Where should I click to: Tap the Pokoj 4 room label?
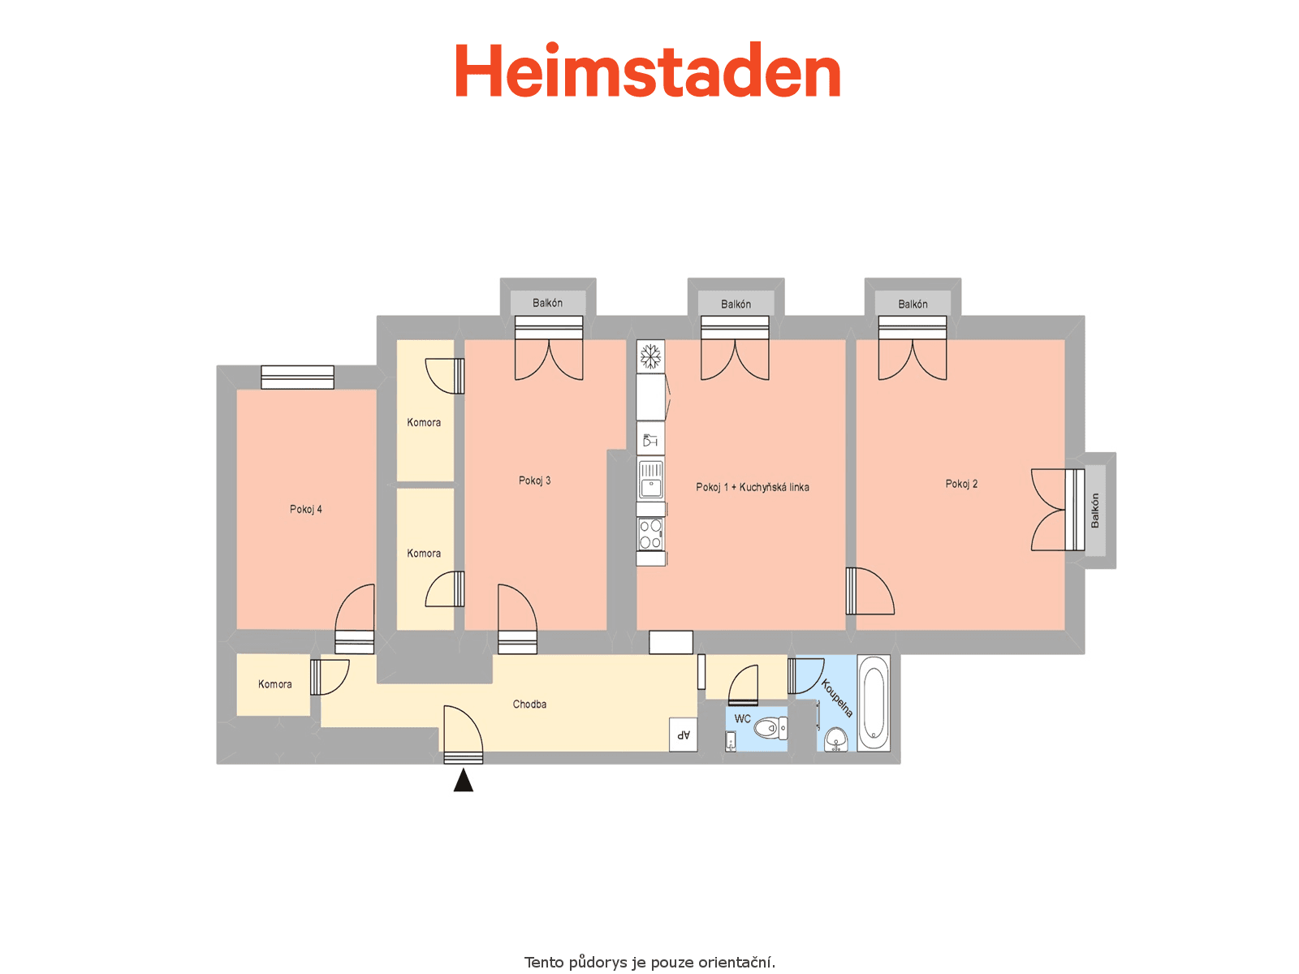click(x=305, y=509)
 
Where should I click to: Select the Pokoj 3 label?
click(x=534, y=481)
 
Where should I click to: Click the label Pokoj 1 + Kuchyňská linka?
click(x=752, y=487)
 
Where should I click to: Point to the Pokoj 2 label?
click(x=961, y=484)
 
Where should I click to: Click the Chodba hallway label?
click(x=529, y=704)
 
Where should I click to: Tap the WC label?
click(x=742, y=718)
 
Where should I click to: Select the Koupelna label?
click(x=837, y=698)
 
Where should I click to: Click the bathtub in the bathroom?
click(x=874, y=703)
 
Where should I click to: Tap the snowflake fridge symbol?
click(x=650, y=356)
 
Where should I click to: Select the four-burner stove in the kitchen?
click(x=650, y=534)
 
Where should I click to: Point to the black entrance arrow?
click(x=463, y=779)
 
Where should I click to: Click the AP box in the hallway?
click(x=683, y=735)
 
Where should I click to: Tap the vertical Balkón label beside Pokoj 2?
click(x=1094, y=511)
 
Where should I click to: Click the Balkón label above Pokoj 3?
click(x=547, y=303)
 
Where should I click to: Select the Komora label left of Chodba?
click(x=274, y=684)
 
